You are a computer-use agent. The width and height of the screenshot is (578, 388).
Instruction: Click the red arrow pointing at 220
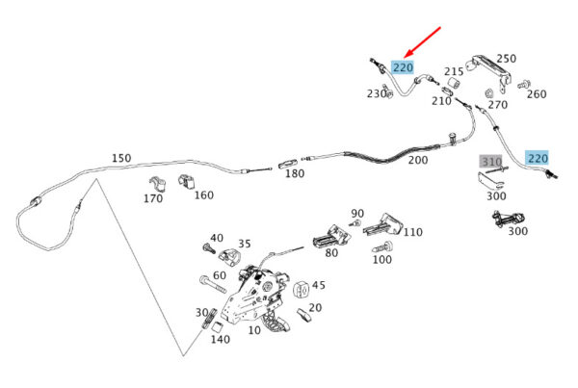(423, 42)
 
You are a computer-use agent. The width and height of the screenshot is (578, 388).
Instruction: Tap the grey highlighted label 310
(491, 162)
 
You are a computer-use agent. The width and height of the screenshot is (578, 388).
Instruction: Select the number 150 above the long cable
(121, 158)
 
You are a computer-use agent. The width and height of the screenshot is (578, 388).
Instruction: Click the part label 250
(506, 59)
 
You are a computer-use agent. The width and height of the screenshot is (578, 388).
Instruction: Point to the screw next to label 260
(523, 85)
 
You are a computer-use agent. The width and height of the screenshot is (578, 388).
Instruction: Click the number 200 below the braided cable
(418, 160)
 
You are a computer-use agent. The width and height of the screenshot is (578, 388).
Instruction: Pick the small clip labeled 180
(288, 164)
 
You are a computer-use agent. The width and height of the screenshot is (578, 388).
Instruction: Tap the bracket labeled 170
(157, 185)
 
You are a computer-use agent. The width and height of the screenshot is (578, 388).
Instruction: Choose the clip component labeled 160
(187, 181)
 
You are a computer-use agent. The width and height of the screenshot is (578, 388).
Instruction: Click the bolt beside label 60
(213, 284)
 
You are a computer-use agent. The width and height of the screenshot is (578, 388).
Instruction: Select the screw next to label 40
(209, 248)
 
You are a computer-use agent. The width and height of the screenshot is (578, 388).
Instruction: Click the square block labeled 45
(302, 289)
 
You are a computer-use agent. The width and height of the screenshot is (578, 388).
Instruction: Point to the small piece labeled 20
(303, 315)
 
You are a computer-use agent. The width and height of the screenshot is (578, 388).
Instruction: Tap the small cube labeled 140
(218, 326)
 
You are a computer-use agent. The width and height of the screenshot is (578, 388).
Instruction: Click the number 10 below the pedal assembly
(254, 330)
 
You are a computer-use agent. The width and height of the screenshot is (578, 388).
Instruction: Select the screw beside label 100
(382, 246)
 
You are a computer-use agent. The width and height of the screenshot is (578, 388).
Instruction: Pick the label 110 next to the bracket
(412, 232)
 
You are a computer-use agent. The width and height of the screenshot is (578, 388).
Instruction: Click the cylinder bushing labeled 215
(454, 83)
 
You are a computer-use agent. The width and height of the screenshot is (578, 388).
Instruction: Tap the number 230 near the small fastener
(376, 94)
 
